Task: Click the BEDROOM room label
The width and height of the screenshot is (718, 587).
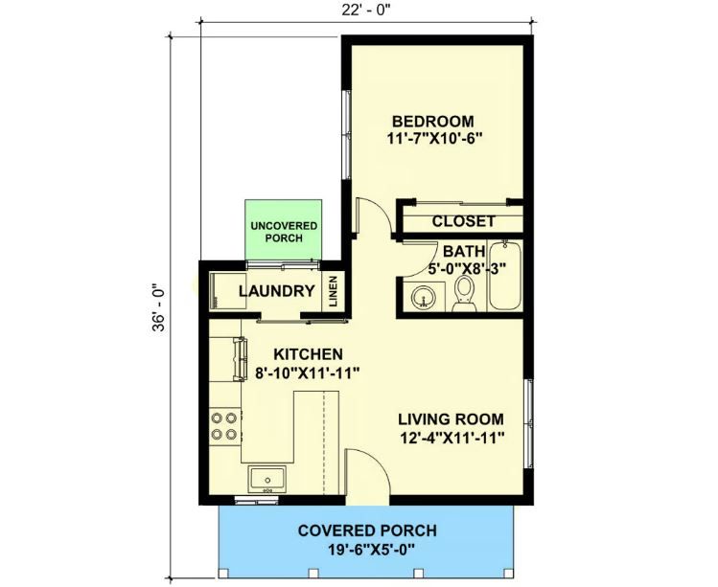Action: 432,122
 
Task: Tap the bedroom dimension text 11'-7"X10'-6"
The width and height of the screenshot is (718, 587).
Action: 435,139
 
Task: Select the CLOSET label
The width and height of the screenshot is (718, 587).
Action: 463,221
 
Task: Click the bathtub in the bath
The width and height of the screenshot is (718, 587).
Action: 505,276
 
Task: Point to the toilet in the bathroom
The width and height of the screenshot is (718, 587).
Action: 464,293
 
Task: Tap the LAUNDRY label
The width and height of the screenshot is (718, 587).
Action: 277,291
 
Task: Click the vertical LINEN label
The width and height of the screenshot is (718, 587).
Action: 333,291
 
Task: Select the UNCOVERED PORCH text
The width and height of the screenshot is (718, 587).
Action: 284,232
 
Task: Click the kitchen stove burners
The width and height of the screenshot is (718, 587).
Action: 225,425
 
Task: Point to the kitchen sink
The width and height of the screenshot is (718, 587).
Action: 266,479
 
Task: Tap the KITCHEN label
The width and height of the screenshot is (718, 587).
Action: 308,354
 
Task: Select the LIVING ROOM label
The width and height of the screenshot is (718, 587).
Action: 451,419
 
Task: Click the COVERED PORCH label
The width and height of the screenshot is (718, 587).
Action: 367,531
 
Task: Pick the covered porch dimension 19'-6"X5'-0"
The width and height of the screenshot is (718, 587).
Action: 371,548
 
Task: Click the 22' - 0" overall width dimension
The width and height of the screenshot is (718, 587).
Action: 366,11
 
